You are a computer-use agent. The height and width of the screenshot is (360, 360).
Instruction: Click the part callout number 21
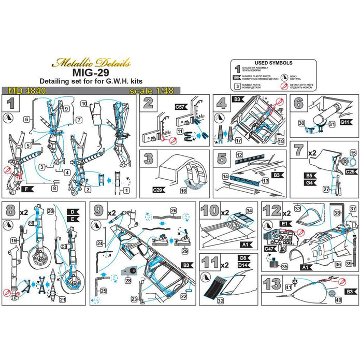click(63, 298)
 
